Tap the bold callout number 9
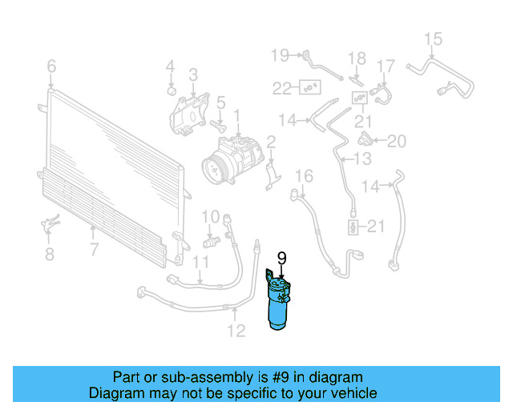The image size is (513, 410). point(281,258)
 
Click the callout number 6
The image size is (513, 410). point(51,66)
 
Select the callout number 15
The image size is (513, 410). point(433,38)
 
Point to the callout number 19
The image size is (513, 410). point(279,54)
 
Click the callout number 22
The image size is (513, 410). point(282,86)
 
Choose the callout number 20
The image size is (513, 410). point(397,142)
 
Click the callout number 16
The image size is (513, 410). point(302,176)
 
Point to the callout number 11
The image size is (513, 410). point(200,262)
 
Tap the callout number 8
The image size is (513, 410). point(50,255)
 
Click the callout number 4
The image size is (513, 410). point(170,66)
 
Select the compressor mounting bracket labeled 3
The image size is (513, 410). point(188,115)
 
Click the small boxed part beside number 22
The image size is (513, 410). point(308,86)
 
